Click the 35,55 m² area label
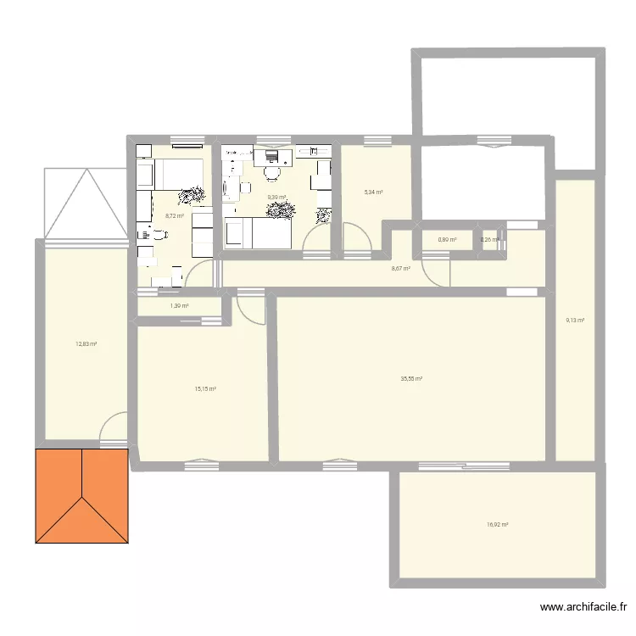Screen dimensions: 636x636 point(412,379)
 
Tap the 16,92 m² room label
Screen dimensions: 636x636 point(498,525)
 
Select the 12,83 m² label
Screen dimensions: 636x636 point(86,343)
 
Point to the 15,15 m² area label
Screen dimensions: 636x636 point(205,389)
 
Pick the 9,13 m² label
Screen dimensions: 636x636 point(575,320)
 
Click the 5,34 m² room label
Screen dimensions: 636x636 point(373,192)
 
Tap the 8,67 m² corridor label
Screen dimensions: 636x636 point(400,269)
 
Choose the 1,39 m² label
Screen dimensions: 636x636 point(179,306)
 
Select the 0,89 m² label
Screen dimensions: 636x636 point(447,240)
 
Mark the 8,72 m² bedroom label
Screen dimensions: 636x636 point(175,215)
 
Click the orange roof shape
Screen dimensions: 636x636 point(81,496)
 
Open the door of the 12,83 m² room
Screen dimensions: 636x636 point(113,427)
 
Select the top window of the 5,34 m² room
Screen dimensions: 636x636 point(375,140)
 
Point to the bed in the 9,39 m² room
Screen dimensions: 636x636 point(259,232)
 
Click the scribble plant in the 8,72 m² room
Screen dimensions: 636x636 point(192,195)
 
